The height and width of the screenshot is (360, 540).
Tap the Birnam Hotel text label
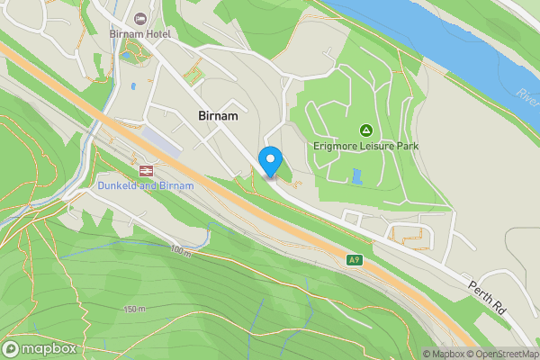click(x=139, y=34)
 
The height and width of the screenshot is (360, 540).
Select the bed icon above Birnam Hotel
click(x=139, y=19)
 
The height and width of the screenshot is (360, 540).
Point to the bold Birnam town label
click(x=218, y=116)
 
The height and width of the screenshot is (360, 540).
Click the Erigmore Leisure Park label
click(x=366, y=146)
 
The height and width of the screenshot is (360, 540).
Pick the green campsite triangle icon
click(x=366, y=130)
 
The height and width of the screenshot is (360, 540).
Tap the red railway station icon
click(x=145, y=169)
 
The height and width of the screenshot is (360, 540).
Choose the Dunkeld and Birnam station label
click(x=145, y=185)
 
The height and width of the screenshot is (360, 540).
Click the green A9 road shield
click(x=355, y=260)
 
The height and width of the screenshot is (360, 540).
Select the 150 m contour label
click(x=134, y=309)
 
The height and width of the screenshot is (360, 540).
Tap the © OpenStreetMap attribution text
click(x=503, y=354)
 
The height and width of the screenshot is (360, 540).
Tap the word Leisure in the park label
click(x=379, y=146)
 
